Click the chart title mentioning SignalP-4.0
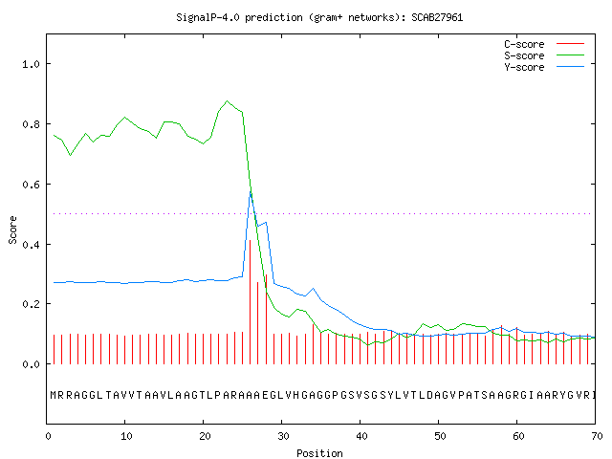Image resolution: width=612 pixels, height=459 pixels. tap(319, 17)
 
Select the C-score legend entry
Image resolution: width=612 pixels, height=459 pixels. tap(544, 44)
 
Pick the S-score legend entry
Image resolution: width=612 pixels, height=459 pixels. tap(544, 55)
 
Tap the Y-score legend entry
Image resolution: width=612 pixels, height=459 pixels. tap(544, 67)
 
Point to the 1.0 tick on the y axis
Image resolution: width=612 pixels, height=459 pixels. tap(32, 64)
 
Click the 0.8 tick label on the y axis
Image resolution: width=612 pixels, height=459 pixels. tap(32, 124)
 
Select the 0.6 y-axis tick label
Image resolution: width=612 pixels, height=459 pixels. tap(32, 185)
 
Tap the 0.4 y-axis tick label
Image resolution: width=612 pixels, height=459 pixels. tap(32, 245)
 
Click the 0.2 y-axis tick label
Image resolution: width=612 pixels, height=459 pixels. tap(32, 304)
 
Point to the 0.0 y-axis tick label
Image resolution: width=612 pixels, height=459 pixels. tap(32, 364)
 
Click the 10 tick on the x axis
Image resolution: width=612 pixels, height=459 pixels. tap(126, 436)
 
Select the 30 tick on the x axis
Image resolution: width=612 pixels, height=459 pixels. tap(283, 436)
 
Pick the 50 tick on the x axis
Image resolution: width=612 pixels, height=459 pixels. tap(440, 436)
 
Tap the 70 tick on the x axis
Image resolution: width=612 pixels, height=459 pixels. tap(597, 436)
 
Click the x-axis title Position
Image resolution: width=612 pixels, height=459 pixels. tap(319, 453)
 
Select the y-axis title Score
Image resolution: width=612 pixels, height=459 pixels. tap(12, 229)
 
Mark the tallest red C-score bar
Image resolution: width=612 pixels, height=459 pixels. tap(251, 302)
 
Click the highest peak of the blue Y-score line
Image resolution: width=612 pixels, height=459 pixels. tap(251, 192)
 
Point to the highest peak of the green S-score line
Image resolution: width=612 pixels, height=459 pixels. tap(228, 101)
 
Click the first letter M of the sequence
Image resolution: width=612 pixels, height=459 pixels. tap(54, 395)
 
